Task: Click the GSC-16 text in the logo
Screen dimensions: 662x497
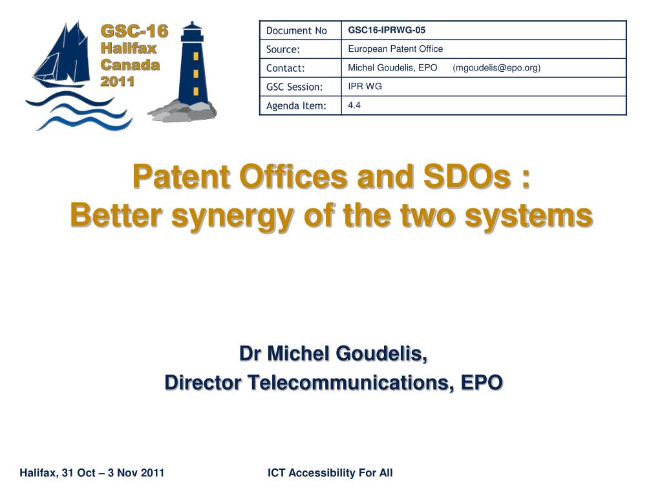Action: pos(134,31)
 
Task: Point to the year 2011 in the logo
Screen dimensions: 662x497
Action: pos(118,81)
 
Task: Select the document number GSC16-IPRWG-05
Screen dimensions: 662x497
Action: pos(387,30)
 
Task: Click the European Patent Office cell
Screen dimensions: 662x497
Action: pos(396,49)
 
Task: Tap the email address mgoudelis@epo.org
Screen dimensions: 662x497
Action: pos(496,67)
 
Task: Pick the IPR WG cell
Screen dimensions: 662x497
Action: pos(365,86)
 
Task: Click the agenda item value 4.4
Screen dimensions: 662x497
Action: pos(354,105)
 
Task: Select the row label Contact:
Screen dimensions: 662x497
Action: pos(285,68)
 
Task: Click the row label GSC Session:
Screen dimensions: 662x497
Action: pos(294,87)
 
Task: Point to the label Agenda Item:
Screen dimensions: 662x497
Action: pos(296,105)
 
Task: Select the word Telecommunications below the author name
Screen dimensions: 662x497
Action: pos(350,382)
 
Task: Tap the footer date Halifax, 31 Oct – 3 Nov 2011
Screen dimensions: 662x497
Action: pos(92,473)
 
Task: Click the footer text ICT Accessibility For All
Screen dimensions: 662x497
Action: pos(330,473)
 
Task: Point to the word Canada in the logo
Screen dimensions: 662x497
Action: pos(130,65)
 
